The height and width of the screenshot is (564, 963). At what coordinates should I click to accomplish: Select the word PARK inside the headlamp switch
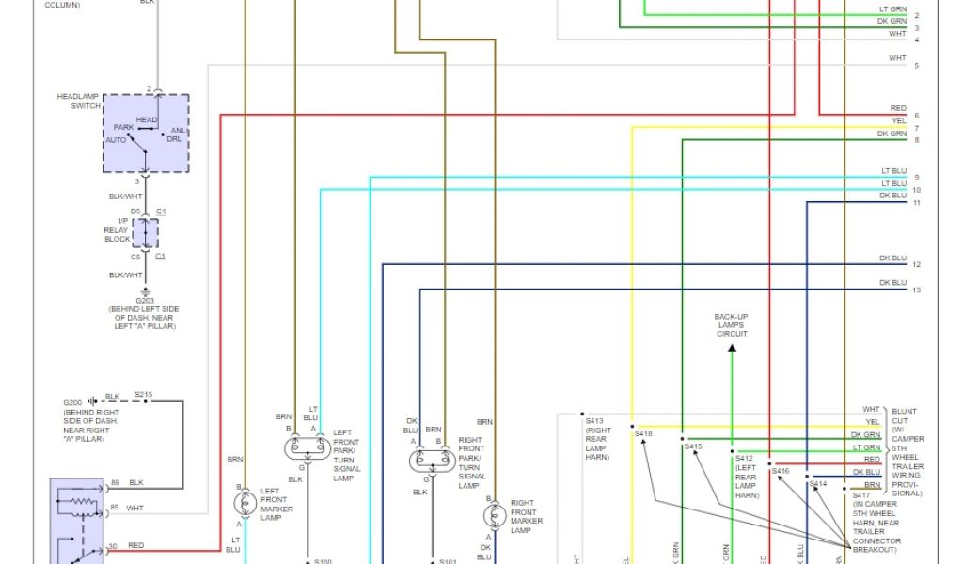point(123,127)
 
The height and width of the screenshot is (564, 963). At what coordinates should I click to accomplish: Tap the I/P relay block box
point(146,233)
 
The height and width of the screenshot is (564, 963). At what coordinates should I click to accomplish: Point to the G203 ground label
point(145,301)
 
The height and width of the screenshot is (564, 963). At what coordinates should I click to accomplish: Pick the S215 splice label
point(143,395)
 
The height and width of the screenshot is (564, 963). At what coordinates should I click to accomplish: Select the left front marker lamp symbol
point(245,505)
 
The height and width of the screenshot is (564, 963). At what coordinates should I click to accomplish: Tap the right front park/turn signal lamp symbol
point(432,461)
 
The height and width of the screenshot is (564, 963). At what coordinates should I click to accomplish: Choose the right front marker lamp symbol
point(495,516)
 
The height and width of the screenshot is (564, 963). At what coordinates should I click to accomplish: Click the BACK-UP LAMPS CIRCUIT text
point(731,325)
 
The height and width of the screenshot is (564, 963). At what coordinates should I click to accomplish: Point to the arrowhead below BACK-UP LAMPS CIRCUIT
point(732,349)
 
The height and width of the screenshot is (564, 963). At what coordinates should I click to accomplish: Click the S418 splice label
point(643,434)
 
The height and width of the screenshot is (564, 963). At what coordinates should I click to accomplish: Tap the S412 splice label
point(745,459)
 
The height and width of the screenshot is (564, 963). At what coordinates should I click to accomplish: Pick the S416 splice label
point(781,470)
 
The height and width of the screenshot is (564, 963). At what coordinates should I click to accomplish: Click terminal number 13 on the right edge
point(916,290)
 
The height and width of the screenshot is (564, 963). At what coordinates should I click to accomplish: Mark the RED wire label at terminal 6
point(898,109)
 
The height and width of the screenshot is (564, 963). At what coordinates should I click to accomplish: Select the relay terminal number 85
point(113,509)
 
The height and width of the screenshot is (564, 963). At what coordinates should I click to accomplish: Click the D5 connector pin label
point(135,211)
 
